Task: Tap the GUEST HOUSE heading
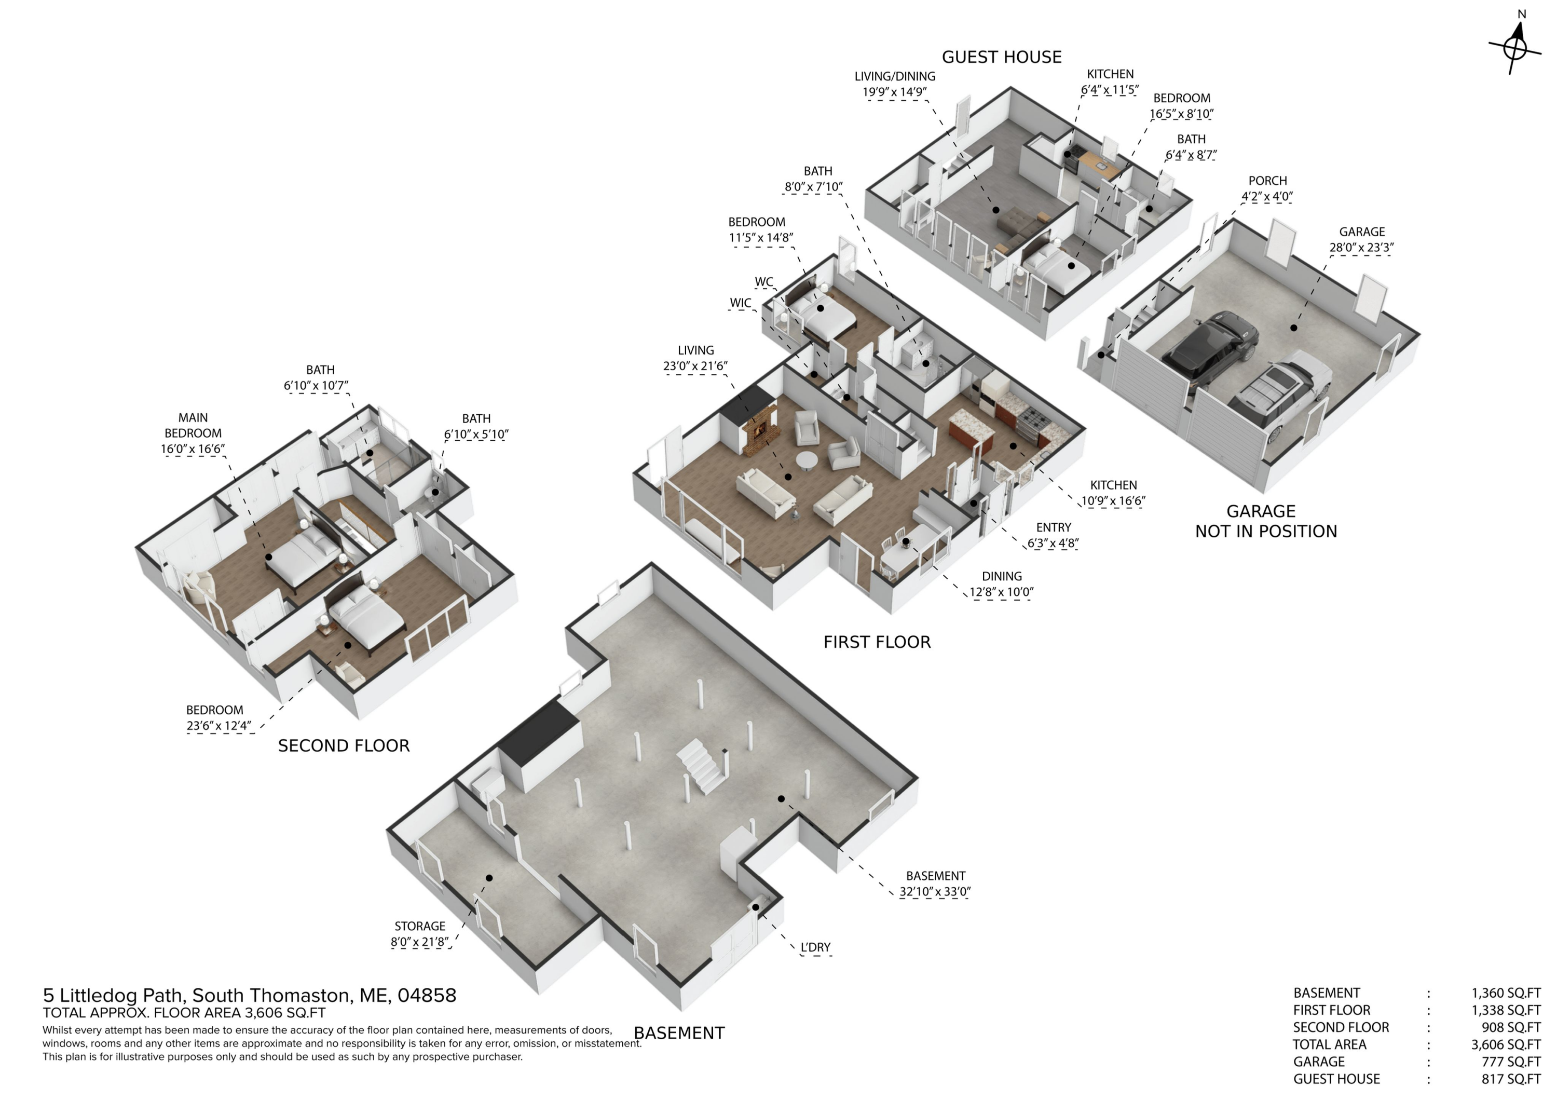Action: coord(1002,57)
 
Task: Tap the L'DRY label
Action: coord(815,947)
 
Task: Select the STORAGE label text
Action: coord(420,927)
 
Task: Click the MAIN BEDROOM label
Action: coord(193,426)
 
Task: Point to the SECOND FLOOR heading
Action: coord(344,746)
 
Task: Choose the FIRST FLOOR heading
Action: coord(877,642)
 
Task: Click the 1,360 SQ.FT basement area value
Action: coord(1506,994)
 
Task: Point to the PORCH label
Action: coord(1267,181)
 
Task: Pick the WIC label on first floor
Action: coord(741,303)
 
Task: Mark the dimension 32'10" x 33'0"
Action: coord(935,892)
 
